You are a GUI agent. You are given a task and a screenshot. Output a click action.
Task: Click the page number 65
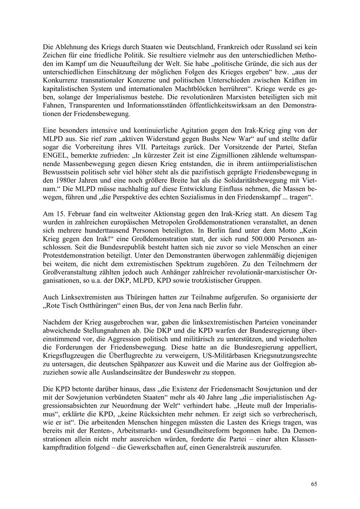pyautogui.click(x=314, y=484)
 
